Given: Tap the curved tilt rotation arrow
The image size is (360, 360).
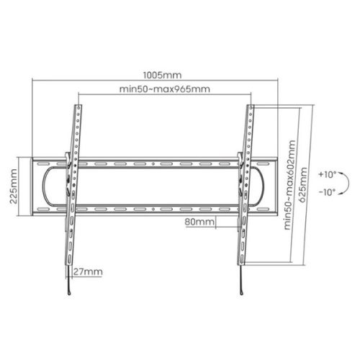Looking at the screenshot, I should pyautogui.click(x=341, y=184).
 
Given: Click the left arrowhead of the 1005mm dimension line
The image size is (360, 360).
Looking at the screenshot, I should pyautogui.click(x=33, y=81).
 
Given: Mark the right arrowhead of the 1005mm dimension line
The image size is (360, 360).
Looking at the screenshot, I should pyautogui.click(x=278, y=81).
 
